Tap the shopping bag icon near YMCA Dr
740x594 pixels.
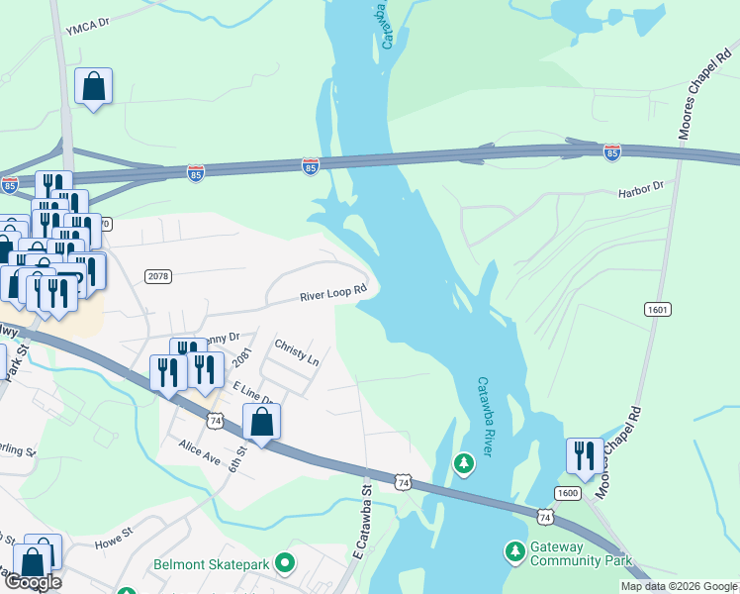(x=93, y=86)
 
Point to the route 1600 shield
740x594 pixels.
(x=567, y=493)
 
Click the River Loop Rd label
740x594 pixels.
(x=334, y=293)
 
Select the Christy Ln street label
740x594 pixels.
(x=297, y=355)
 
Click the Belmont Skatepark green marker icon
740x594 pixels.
(x=286, y=564)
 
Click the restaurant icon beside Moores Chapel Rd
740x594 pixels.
(x=584, y=455)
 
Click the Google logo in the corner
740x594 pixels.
(x=32, y=582)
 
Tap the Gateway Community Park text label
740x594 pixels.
(x=580, y=553)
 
